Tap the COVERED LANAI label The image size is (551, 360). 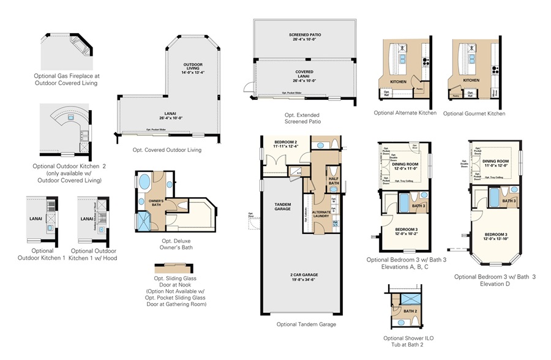304,75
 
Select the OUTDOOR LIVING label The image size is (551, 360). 193,68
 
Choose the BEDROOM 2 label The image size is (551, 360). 285,144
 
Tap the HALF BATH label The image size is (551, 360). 334,181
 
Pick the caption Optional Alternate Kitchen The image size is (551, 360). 405,113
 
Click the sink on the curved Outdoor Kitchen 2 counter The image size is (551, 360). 70,117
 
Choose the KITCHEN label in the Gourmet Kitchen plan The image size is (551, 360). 471,80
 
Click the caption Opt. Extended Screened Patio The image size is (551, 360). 302,118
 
